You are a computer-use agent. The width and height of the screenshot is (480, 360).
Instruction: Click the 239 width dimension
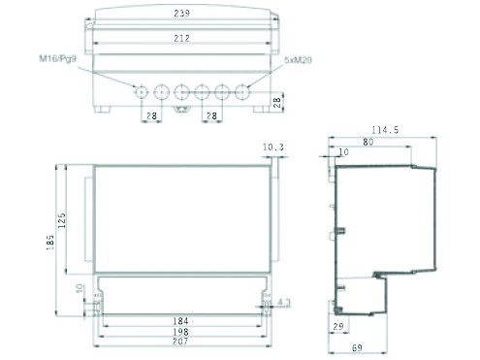tap(181, 14)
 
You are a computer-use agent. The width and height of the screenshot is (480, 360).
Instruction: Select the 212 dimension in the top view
tap(181, 38)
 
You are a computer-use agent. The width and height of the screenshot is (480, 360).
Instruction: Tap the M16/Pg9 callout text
tap(57, 58)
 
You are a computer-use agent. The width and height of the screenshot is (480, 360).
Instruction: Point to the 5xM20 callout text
tap(298, 60)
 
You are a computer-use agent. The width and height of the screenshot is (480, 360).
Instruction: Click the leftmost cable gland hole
tap(142, 92)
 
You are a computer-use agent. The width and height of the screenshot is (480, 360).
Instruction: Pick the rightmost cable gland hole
tap(242, 92)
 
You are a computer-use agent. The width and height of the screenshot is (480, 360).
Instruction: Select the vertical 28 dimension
tap(277, 103)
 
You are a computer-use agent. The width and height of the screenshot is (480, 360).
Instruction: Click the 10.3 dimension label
tap(273, 147)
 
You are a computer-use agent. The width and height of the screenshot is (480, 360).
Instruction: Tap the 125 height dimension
tap(62, 220)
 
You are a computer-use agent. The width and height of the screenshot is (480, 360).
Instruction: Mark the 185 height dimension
tap(50, 243)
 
